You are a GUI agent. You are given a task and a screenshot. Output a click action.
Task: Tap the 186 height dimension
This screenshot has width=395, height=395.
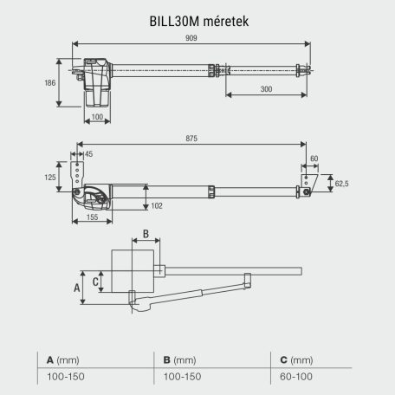click(50, 83)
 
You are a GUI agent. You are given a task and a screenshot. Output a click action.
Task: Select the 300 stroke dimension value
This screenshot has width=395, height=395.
click(266, 90)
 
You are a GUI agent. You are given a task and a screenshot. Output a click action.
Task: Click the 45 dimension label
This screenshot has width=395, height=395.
click(89, 154)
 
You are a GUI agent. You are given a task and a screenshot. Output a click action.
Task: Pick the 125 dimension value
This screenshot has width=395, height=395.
click(50, 177)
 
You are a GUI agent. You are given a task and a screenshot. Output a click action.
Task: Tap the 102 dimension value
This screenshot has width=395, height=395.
click(156, 205)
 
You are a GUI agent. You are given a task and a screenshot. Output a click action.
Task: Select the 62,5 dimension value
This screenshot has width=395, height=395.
click(341, 184)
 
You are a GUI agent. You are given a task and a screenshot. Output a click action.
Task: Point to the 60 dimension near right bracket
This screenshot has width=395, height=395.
click(314, 159)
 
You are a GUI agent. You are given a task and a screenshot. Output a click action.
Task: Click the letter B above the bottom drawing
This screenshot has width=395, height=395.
click(146, 234)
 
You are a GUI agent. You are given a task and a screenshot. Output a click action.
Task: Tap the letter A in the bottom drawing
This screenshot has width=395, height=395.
click(75, 282)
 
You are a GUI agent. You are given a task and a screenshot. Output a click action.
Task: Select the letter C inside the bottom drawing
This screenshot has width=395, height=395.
click(97, 279)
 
